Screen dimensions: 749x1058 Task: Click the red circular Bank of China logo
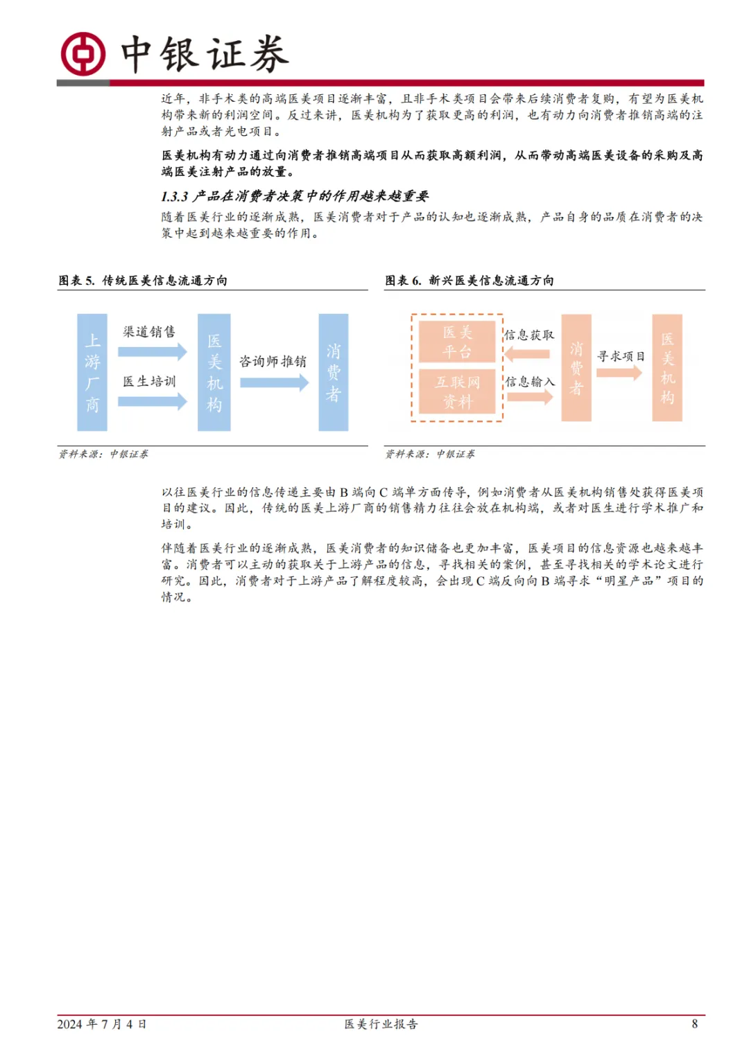pyautogui.click(x=83, y=53)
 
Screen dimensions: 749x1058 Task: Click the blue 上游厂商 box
pyautogui.click(x=92, y=372)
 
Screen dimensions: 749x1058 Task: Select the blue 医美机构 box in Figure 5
pyautogui.click(x=214, y=372)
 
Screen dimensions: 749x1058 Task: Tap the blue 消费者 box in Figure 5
pyautogui.click(x=333, y=372)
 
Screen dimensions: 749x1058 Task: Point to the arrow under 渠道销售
pyautogui.click(x=152, y=351)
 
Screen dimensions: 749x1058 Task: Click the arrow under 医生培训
pyautogui.click(x=152, y=401)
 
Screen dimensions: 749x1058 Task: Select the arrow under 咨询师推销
pyautogui.click(x=273, y=382)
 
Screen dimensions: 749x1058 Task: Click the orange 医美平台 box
pyautogui.click(x=457, y=342)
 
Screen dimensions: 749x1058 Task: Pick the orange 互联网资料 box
pyautogui.click(x=457, y=391)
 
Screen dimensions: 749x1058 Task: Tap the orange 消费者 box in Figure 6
pyautogui.click(x=576, y=368)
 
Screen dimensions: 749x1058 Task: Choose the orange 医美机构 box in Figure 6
pyautogui.click(x=667, y=368)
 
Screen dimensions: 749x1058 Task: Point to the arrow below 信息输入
pyautogui.click(x=529, y=397)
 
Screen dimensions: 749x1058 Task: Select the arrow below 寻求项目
pyautogui.click(x=619, y=373)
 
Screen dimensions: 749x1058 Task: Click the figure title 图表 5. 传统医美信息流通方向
pyautogui.click(x=143, y=281)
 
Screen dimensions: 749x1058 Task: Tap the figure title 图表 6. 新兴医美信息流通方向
pyautogui.click(x=470, y=281)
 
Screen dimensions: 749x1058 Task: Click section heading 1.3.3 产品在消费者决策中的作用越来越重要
pyautogui.click(x=295, y=197)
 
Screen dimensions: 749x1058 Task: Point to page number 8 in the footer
pyautogui.click(x=694, y=1024)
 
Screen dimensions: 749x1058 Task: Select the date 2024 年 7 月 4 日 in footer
pyautogui.click(x=102, y=1024)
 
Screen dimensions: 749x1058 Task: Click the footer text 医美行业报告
pyautogui.click(x=381, y=1024)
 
